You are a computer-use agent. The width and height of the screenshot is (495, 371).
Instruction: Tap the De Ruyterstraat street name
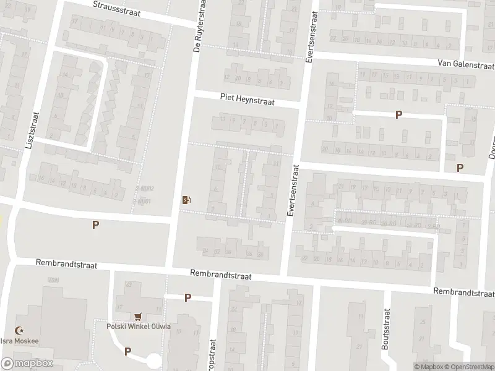click(199, 27)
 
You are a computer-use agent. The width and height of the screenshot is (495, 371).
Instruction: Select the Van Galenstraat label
click(465, 64)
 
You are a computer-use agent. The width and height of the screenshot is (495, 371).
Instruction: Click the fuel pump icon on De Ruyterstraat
click(186, 199)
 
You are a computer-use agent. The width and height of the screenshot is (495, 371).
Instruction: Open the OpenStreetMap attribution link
click(467, 367)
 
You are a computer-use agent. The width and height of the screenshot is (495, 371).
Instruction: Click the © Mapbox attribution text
click(428, 367)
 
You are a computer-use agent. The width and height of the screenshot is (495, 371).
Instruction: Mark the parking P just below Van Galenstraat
click(399, 114)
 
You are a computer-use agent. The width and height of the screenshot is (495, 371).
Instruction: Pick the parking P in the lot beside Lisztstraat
click(95, 225)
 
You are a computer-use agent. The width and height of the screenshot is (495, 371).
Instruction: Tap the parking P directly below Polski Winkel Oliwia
click(127, 351)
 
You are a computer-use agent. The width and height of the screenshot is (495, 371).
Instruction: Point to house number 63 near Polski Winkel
click(129, 285)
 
